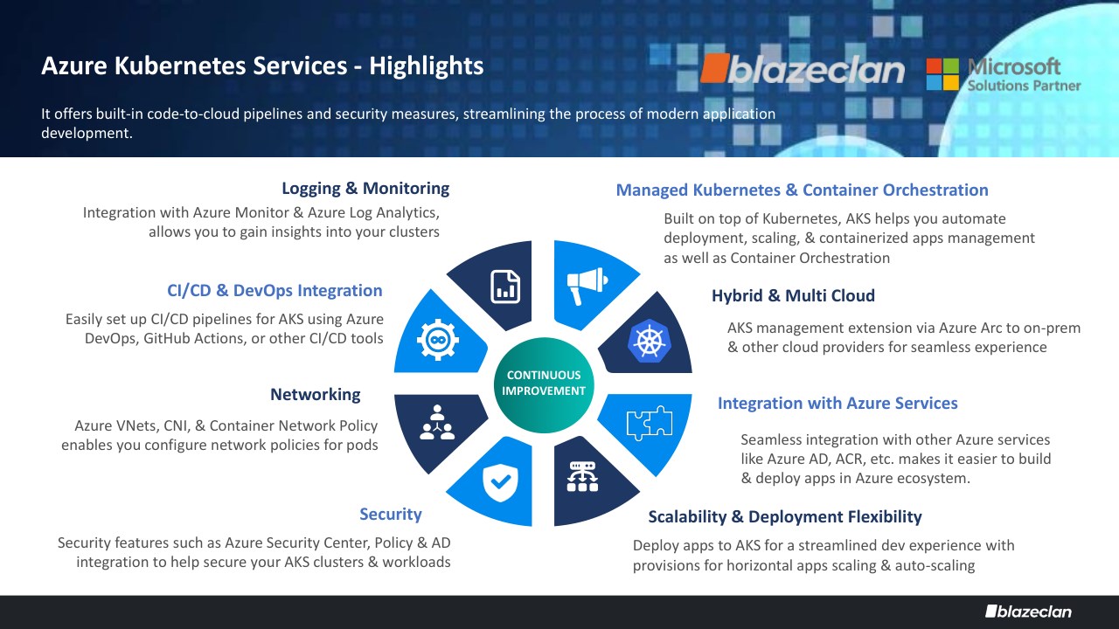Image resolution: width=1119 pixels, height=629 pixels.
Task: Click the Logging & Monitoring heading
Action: pos(365,189)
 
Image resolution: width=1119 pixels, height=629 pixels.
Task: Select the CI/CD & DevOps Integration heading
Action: pos(275,291)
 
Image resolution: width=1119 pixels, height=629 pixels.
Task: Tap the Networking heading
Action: pos(315,395)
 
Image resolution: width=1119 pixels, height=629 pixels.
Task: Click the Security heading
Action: pos(390,515)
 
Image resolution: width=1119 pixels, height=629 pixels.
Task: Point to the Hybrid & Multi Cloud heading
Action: pos(793,296)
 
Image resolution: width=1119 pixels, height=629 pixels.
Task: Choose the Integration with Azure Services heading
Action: pos(838,404)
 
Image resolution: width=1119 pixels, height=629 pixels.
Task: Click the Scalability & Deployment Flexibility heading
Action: pos(784,517)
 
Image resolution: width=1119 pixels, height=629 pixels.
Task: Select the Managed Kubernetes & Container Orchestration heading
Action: pos(802,190)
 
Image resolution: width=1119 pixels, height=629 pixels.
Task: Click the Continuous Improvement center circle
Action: pos(543,384)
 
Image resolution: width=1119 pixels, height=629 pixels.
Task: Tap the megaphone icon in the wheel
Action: pos(585,284)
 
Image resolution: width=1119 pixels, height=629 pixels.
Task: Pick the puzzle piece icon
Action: pos(649,424)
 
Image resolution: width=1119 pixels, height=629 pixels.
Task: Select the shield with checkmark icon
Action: pos(501,479)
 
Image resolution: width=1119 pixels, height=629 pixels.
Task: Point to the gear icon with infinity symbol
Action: pos(434,339)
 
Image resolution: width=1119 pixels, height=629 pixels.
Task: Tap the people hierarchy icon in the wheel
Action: pos(434,421)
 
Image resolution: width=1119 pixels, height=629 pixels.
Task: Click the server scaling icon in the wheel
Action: pos(582,476)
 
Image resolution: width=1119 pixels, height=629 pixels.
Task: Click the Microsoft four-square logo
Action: pos(943,74)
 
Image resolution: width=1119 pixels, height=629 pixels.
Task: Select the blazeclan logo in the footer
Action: pos(1027,611)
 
